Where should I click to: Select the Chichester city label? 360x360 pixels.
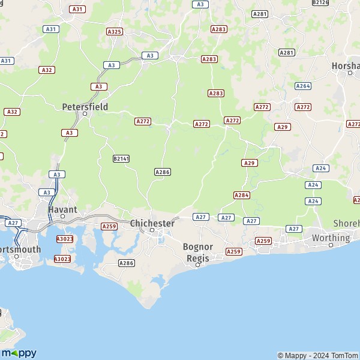[x=152, y=223]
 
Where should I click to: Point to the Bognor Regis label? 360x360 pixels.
[x=198, y=252]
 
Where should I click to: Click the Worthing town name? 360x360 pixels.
[x=331, y=238]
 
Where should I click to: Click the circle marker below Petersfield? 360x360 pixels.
[x=85, y=113]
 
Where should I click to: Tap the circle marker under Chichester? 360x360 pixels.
[x=152, y=230]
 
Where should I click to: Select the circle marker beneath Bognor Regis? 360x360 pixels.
[x=197, y=265]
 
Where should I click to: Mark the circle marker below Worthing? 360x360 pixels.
[x=331, y=245]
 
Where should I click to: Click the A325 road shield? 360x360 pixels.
[x=114, y=31]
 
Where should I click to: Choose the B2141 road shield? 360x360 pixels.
[x=121, y=158]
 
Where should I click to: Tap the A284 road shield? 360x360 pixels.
[x=242, y=195]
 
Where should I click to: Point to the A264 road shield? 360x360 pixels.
[x=303, y=86]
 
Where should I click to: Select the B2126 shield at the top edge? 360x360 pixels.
[x=321, y=2]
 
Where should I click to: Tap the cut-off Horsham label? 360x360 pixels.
[x=346, y=65]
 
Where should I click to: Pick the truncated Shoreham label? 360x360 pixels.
[x=346, y=224]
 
